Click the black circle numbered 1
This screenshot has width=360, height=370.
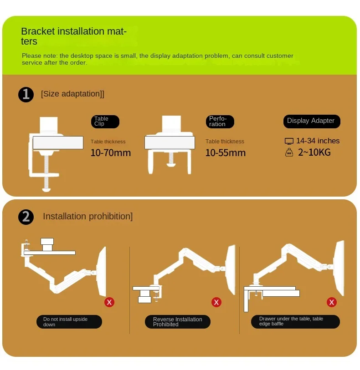26,95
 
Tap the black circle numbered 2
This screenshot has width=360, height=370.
26,217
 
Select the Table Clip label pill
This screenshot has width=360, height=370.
105,122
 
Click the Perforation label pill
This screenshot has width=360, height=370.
220,122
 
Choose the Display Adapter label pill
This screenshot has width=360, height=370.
312,122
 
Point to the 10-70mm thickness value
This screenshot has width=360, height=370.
111,152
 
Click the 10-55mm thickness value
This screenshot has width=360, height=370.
226,152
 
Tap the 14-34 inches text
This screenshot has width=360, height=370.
318,141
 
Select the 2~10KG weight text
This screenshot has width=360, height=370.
314,152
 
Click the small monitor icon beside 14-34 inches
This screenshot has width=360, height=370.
289,141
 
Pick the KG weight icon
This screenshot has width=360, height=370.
289,152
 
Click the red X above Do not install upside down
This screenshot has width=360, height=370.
109,302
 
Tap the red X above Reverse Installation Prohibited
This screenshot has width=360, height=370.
216,302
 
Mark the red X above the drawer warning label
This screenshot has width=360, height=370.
332,302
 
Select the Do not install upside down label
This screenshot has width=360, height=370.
69,322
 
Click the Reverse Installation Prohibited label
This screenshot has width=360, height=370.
178,322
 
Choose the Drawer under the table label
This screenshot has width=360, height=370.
295,321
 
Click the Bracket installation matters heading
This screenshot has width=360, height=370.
74,36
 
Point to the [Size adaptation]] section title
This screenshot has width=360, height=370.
72,94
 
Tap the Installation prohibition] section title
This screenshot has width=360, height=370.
87,216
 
